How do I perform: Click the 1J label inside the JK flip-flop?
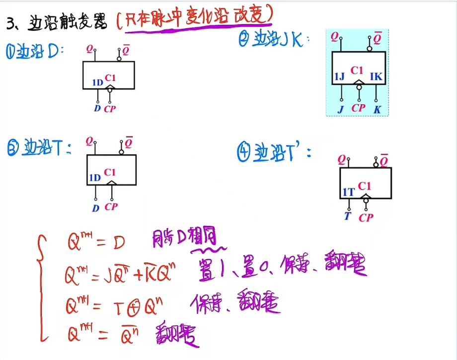(x=339, y=76)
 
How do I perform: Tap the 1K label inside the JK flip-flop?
(x=376, y=76)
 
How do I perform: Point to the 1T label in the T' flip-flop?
(x=349, y=192)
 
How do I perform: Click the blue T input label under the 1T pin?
(x=348, y=216)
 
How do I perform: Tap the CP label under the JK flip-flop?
(x=358, y=108)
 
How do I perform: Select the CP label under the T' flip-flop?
(x=366, y=217)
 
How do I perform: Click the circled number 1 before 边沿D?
(x=11, y=51)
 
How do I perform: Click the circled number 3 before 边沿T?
(x=13, y=147)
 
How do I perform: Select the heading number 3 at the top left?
(x=10, y=23)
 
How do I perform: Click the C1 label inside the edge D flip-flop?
(x=110, y=77)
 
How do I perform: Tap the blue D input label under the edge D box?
(x=97, y=108)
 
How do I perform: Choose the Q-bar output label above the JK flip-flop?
(x=378, y=37)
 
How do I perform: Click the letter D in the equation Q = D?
(x=119, y=243)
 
